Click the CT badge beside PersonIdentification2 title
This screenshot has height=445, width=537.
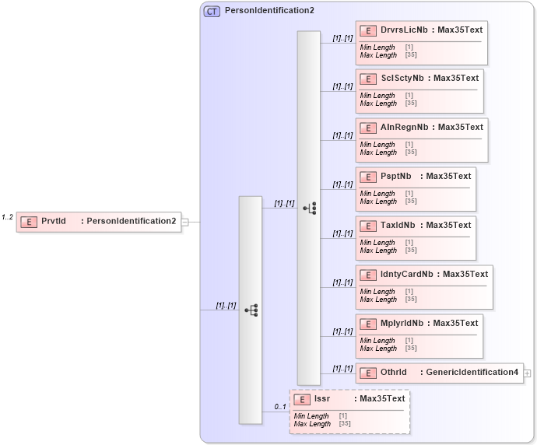click(212, 11)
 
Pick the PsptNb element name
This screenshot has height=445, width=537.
click(396, 176)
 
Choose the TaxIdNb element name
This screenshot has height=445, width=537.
click(398, 225)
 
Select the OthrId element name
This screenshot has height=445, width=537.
click(394, 372)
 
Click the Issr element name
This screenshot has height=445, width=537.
click(322, 398)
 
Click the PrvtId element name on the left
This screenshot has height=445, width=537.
click(54, 221)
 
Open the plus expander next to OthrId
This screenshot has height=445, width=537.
click(528, 373)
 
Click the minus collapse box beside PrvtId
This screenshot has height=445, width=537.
click(185, 222)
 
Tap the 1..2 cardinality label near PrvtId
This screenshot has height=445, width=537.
click(8, 217)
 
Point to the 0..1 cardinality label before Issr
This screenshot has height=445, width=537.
click(279, 406)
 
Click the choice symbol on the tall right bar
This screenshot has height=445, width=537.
click(309, 208)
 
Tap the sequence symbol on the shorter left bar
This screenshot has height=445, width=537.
click(251, 310)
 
